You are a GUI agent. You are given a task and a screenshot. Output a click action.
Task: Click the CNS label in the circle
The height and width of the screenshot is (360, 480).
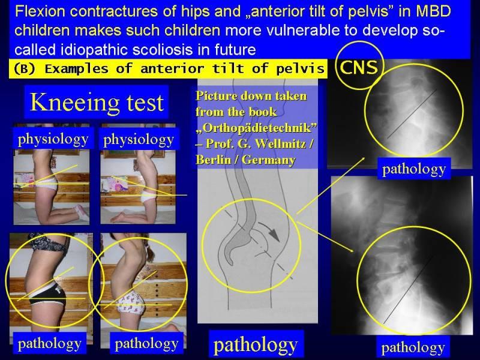359,67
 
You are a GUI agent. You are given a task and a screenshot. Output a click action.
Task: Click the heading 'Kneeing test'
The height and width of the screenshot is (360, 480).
97,103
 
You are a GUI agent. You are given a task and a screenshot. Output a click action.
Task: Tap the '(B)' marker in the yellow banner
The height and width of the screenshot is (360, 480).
25,68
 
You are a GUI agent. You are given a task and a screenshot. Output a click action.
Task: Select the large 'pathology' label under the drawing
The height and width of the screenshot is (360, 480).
256,345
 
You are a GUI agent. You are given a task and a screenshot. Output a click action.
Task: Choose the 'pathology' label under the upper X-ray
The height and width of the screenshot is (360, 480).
414,169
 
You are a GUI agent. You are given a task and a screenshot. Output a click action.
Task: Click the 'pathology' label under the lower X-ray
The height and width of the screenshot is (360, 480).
413,347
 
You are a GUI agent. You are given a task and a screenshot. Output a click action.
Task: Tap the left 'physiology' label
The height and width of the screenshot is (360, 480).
53,139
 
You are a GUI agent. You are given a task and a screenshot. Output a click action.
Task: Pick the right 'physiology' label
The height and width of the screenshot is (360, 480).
139,140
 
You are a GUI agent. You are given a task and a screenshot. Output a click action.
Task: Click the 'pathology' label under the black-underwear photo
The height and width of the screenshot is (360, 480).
49,343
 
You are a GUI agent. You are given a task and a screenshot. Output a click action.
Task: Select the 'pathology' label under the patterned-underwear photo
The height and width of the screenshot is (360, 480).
146,344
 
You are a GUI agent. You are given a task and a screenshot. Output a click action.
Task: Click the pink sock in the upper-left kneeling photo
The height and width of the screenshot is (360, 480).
82,212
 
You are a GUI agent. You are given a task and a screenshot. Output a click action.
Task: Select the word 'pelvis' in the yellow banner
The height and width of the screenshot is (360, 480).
300,68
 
